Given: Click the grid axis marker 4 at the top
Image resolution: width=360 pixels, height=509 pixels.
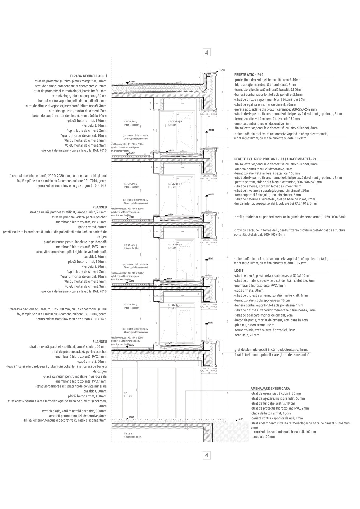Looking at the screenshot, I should (207, 52).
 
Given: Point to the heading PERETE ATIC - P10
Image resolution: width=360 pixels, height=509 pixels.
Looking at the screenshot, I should (249, 75).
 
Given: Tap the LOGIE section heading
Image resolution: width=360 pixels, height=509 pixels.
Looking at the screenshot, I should (239, 271).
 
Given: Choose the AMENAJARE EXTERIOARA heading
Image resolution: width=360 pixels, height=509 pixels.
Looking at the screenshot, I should (270, 388).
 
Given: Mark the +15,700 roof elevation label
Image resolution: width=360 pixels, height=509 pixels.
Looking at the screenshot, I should (132, 81).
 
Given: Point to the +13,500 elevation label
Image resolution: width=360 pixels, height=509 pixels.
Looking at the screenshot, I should (211, 130).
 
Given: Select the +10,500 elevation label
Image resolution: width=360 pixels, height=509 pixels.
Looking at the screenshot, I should (211, 194).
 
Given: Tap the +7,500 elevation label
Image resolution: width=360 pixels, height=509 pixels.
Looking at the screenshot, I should (211, 258).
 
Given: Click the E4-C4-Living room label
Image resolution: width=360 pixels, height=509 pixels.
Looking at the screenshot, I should (130, 121).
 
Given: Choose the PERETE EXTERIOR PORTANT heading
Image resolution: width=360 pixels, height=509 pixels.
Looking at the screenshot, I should (276, 159).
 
